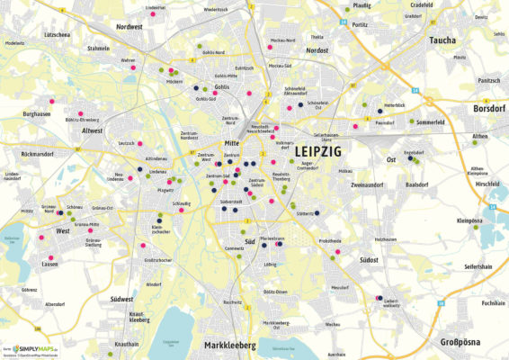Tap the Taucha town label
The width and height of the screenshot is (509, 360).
pyautogui.click(x=443, y=41)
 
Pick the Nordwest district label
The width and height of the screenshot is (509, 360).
pyautogui.click(x=130, y=27)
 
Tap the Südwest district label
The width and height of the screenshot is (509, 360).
pyautogui.click(x=121, y=299)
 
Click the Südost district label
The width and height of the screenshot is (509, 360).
pyautogui.click(x=367, y=259)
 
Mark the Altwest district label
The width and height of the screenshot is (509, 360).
pyautogui.click(x=93, y=130)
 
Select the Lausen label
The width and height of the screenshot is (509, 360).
pyautogui.click(x=50, y=264)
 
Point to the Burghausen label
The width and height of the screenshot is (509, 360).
pyautogui.click(x=36, y=114)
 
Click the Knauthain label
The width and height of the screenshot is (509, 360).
pyautogui.click(x=128, y=344)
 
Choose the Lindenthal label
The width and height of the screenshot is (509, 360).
pyautogui.click(x=156, y=7)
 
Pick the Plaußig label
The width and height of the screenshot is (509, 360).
pyautogui.click(x=361, y=4)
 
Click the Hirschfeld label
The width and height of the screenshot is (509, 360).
pyautogui.click(x=487, y=183)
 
